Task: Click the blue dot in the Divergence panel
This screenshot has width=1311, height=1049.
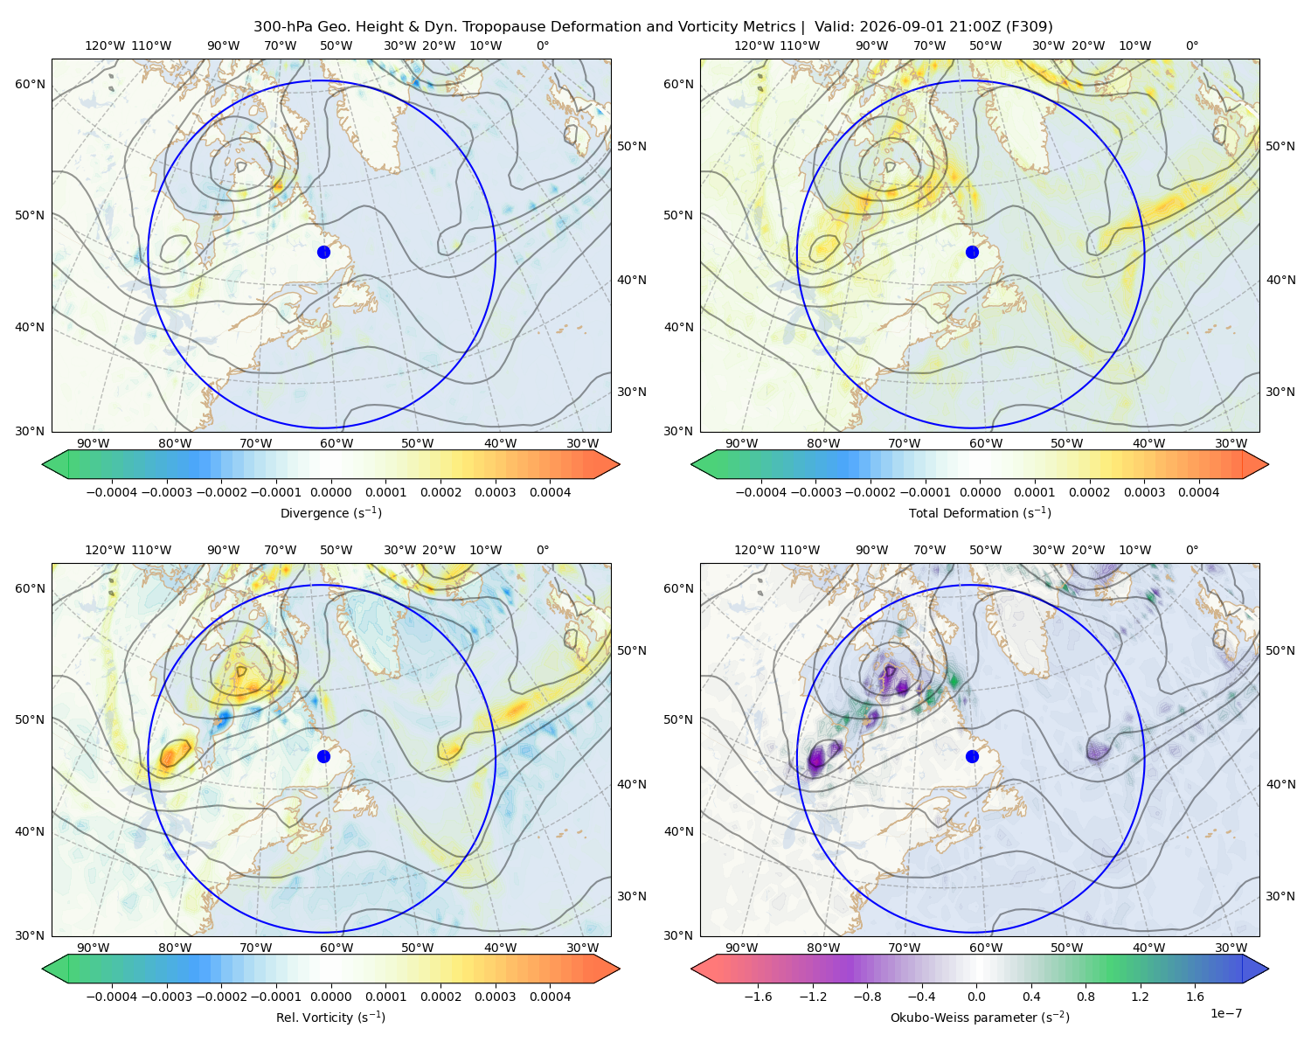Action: click(323, 253)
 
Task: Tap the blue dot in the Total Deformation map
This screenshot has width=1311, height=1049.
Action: click(972, 253)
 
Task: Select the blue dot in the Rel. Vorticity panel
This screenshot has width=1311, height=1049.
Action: click(323, 756)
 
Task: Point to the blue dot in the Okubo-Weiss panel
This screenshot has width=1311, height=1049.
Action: click(972, 756)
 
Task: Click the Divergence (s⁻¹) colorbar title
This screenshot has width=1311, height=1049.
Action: click(330, 513)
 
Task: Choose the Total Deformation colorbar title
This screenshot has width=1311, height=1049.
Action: click(980, 513)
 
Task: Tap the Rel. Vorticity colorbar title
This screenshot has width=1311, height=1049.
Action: click(330, 1018)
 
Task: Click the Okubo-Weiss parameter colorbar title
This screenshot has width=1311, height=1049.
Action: click(980, 1018)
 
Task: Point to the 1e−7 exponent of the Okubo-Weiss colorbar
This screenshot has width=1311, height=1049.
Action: click(1225, 1014)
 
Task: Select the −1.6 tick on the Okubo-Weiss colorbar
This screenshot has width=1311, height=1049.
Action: click(758, 997)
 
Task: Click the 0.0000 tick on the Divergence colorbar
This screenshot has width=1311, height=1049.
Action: click(330, 492)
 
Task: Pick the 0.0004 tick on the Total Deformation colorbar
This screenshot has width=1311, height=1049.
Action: click(1198, 492)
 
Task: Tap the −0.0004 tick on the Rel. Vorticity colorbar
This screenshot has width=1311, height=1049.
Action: click(112, 997)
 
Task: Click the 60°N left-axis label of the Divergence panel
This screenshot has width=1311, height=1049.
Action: click(30, 84)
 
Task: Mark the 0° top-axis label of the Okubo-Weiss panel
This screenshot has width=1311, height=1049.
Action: click(1191, 550)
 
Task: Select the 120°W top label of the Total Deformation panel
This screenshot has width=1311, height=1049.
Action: click(753, 45)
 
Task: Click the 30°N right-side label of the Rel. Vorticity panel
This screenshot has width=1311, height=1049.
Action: click(632, 896)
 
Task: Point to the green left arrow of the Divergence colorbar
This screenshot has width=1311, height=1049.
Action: click(55, 464)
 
